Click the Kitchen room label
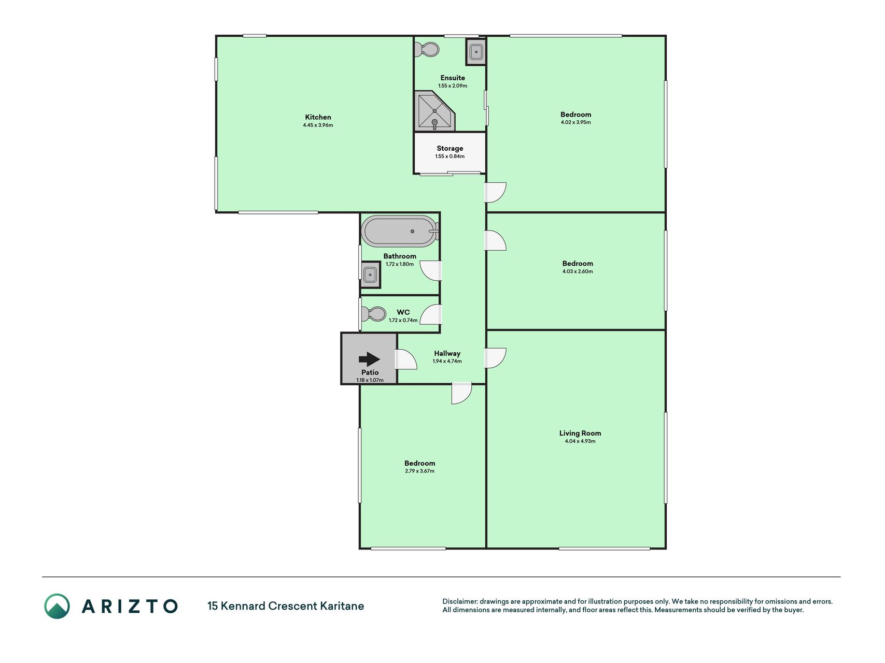(318, 117)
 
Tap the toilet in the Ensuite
(428, 49)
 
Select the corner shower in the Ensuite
(434, 111)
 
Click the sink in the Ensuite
(476, 52)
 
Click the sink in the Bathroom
(370, 275)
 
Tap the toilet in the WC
(374, 314)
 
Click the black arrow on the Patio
(369, 359)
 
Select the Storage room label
(450, 148)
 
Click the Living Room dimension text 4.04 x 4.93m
(580, 441)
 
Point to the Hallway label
(447, 353)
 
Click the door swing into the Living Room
(496, 358)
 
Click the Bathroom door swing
(431, 270)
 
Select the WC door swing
(431, 314)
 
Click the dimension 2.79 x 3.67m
(420, 471)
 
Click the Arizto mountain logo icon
(57, 606)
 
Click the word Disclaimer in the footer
(460, 601)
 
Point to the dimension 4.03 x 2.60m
(578, 271)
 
